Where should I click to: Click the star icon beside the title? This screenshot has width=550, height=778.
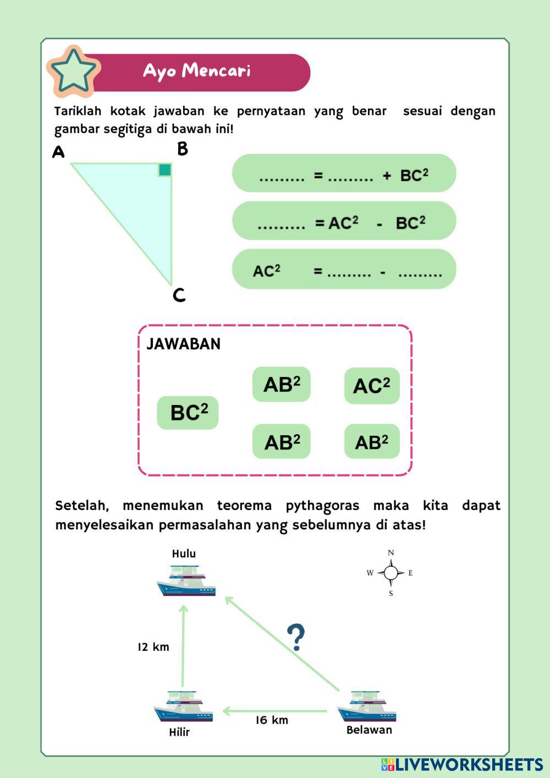coord(73,70)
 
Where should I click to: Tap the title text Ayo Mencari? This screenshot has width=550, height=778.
coord(196,71)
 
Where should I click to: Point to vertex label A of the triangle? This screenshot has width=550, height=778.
coord(58,152)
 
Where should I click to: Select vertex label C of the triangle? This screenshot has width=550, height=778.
coord(179,295)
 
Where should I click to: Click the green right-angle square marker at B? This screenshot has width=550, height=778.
coord(164,169)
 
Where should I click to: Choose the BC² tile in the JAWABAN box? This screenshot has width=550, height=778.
coord(188,413)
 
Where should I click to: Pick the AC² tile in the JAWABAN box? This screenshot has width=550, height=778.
coord(372,386)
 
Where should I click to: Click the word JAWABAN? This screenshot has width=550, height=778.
coord(184,344)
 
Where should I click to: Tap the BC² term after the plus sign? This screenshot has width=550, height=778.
coord(414,175)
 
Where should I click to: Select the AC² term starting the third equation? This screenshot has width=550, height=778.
coord(267,271)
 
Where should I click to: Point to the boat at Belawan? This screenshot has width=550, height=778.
coord(367,706)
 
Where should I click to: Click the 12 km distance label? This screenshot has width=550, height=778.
coord(153,647)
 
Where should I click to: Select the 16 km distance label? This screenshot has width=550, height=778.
coord(272,720)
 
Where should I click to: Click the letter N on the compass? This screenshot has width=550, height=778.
coord(391,553)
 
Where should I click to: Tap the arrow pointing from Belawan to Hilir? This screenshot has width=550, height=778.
coord(275,711)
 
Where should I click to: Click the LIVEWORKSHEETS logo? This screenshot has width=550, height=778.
coord(462,764)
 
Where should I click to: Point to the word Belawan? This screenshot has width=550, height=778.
coord(369,730)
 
